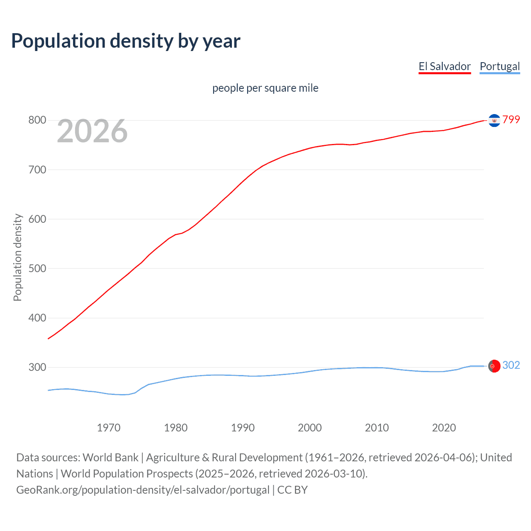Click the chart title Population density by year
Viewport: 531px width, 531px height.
pos(126,41)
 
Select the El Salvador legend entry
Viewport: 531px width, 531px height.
pos(444,66)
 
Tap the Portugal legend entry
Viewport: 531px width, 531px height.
pos(499,66)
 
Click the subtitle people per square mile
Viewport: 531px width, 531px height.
pos(265,88)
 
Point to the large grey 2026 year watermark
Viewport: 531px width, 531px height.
pos(92,131)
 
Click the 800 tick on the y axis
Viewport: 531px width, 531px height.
pos(37,120)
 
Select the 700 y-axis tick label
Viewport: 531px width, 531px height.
pos(37,170)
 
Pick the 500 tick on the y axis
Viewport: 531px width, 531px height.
pos(37,268)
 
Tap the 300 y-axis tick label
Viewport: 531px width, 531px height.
pos(37,367)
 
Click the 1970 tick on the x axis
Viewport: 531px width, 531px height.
pos(109,428)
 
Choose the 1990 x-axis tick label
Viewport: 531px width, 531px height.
pos(243,428)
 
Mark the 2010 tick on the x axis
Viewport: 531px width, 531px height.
pos(377,428)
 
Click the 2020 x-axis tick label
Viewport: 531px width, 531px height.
pos(444,428)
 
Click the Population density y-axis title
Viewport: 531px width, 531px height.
pos(17,257)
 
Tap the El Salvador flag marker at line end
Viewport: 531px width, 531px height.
pos(494,120)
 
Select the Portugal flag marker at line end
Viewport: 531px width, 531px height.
pos(494,366)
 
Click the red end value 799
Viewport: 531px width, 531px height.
pos(511,120)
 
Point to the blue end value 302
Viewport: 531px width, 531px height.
pos(511,365)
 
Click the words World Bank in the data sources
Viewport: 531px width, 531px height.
pos(110,458)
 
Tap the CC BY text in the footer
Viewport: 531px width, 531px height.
pos(292,490)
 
